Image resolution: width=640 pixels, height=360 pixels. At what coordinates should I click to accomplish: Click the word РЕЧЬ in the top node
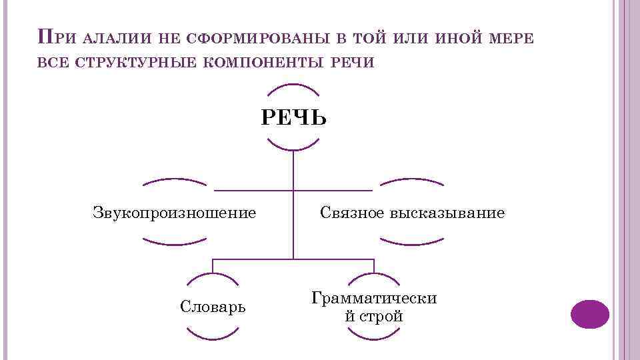point(293,119)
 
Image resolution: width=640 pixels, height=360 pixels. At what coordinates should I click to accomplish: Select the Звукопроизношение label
point(174,213)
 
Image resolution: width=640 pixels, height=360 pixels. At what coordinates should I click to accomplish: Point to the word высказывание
point(447,213)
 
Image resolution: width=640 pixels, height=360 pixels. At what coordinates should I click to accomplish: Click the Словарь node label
point(213,307)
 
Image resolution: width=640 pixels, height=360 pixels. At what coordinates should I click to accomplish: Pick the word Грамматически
point(374,298)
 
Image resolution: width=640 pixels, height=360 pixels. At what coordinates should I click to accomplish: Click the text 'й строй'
point(374,316)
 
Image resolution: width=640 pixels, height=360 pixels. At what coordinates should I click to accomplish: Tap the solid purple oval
point(590,314)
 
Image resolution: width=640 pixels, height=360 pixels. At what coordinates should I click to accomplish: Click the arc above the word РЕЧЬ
point(293,87)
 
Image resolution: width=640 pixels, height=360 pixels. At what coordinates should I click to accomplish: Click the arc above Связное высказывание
point(411,181)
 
